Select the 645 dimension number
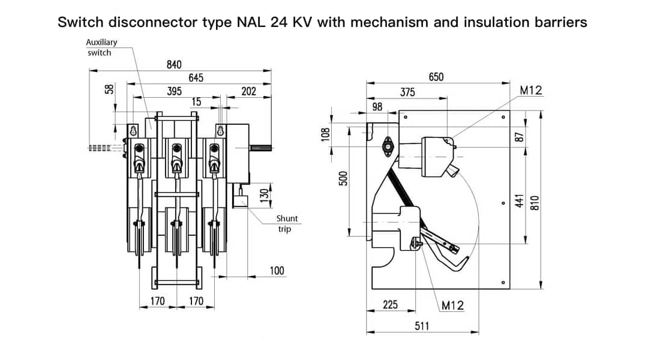(196, 77)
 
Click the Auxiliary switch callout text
(101, 47)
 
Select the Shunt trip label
(286, 223)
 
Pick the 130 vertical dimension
(263, 196)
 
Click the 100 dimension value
(277, 271)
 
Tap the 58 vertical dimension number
(109, 89)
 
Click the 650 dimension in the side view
(436, 77)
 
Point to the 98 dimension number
(377, 106)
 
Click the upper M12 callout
(530, 91)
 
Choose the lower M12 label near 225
(452, 305)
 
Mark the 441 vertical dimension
(520, 199)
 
